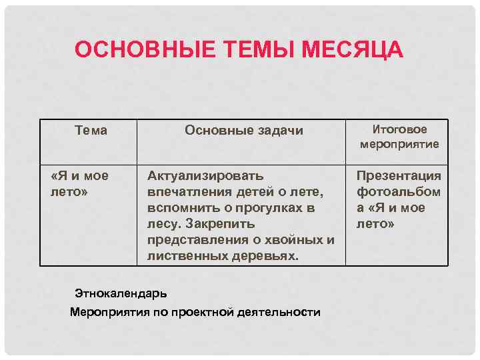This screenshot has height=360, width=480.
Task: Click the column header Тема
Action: [91, 131]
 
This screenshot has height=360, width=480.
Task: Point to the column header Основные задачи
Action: [243, 131]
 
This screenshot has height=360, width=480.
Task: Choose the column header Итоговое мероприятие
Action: [399, 137]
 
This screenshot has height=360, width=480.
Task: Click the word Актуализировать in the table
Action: [205, 176]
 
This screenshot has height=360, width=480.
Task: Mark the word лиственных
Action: [186, 256]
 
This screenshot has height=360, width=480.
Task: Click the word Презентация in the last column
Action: [399, 176]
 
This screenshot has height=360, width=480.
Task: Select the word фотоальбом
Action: [399, 192]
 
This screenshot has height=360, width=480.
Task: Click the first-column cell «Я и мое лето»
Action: [80, 183]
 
